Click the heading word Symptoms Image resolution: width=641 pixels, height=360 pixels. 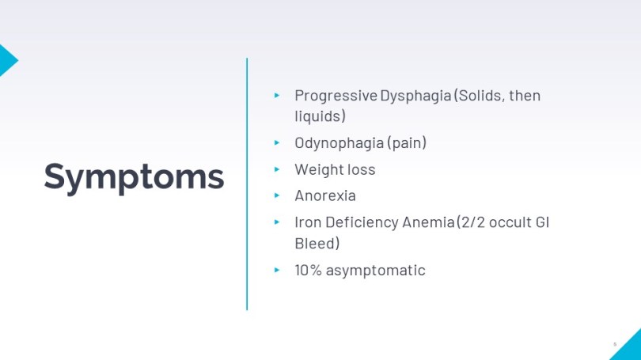click(x=134, y=178)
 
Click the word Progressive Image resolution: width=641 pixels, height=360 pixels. click(x=336, y=97)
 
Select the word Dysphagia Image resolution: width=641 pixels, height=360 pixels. click(x=415, y=97)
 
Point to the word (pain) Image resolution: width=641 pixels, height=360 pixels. click(x=406, y=143)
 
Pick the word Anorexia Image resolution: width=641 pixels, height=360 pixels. click(x=325, y=195)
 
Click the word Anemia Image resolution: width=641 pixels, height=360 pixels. click(x=428, y=222)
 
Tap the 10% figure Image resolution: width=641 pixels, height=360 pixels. click(x=308, y=270)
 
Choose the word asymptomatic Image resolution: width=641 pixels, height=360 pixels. click(x=375, y=271)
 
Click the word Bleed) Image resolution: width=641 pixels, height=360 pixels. click(x=317, y=244)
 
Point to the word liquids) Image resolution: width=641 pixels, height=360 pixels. click(x=320, y=116)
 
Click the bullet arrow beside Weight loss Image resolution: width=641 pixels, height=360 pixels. click(x=277, y=169)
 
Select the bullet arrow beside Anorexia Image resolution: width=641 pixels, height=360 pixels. click(x=277, y=195)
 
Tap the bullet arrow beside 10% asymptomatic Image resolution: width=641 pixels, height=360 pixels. click(x=277, y=270)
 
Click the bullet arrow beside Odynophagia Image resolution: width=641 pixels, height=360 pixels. click(x=277, y=142)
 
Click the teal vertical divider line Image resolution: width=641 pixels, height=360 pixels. click(x=247, y=184)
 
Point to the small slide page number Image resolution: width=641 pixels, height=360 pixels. click(x=615, y=344)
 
